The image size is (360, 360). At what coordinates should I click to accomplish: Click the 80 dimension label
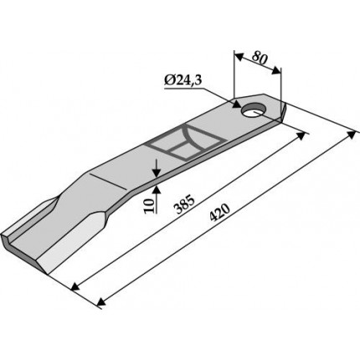260,58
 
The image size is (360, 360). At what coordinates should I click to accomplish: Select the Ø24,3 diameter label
183,81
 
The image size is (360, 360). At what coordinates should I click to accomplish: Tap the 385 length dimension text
183,204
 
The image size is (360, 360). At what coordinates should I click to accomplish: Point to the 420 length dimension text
220,213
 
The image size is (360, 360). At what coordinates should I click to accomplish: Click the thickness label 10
149,206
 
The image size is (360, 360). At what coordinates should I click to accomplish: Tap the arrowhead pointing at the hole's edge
237,105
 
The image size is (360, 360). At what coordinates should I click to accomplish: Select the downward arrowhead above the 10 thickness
156,173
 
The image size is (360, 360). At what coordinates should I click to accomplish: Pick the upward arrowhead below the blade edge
156,190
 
